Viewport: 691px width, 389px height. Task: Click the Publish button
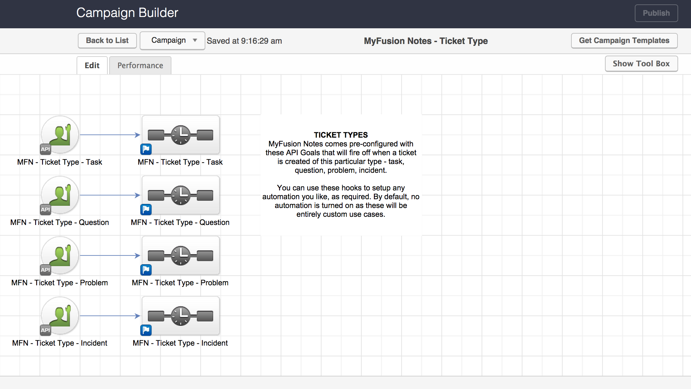pos(656,13)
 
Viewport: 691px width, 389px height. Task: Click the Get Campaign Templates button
pos(624,41)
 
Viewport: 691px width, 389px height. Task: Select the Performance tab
pos(140,65)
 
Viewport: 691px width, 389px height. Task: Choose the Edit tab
pos(92,65)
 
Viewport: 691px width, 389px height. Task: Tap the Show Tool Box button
pos(641,64)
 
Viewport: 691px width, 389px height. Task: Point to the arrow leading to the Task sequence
pos(110,135)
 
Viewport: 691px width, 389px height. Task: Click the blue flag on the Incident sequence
pos(146,330)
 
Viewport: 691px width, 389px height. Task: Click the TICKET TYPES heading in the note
pos(341,135)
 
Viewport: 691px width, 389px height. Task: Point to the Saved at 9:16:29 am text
pos(244,41)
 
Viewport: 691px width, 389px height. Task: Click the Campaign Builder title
pos(127,13)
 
